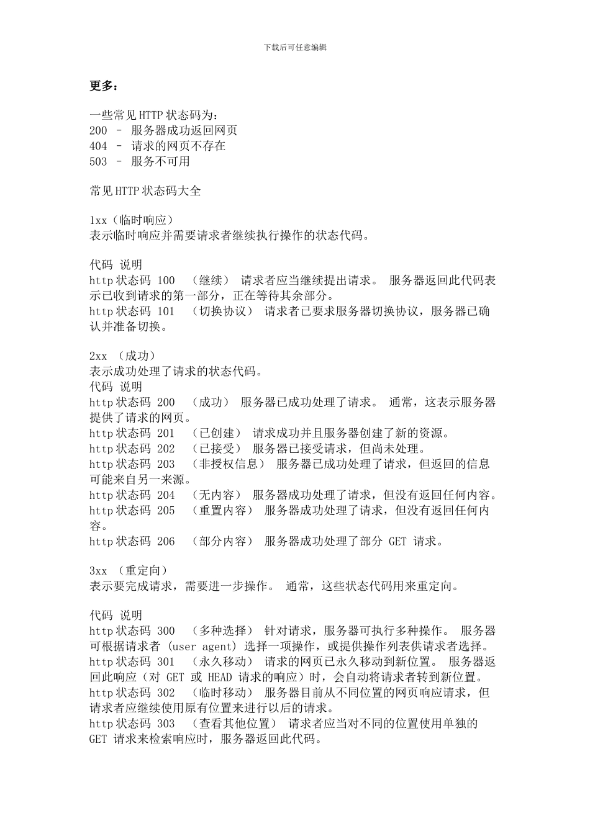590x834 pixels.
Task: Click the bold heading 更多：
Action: click(102, 86)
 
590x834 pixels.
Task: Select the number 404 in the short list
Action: click(98, 146)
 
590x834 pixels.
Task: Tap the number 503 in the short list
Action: click(98, 162)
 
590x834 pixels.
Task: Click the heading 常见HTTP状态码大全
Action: click(145, 191)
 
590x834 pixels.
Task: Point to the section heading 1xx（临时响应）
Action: click(131, 220)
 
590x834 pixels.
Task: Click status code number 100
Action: click(166, 280)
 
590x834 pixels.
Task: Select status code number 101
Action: click(166, 312)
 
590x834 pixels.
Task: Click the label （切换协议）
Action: click(222, 312)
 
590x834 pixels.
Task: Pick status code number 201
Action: click(166, 433)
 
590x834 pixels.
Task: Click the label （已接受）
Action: click(216, 449)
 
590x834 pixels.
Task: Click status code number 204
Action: click(166, 495)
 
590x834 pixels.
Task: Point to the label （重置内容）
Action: click(222, 511)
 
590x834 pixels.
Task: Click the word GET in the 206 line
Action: click(397, 542)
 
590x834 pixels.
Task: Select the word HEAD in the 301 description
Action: click(220, 677)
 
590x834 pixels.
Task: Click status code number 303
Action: click(166, 724)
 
